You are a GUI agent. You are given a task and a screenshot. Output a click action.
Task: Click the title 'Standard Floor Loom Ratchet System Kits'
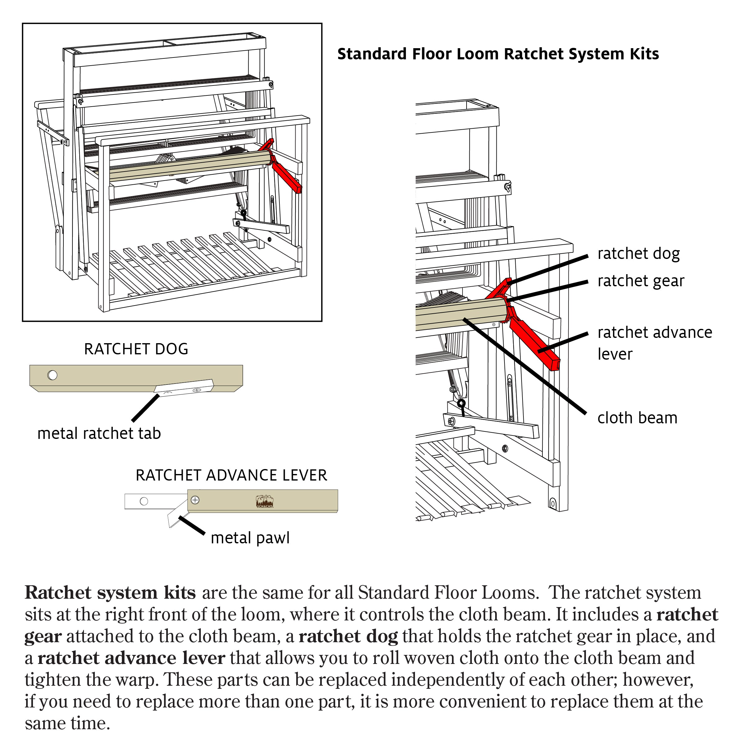[x=498, y=54]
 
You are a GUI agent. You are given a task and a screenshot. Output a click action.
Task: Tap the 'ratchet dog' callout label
[x=638, y=254]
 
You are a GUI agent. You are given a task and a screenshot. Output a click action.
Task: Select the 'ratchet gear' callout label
[x=641, y=281]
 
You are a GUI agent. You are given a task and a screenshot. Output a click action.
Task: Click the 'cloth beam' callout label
[x=637, y=418]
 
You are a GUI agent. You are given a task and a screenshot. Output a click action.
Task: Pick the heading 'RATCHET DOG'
[x=136, y=349]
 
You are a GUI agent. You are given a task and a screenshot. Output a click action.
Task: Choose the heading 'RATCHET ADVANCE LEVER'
[x=231, y=475]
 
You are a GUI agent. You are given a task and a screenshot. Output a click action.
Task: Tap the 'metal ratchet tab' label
[x=99, y=434]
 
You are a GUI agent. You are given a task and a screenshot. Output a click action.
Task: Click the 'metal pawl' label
[x=250, y=538]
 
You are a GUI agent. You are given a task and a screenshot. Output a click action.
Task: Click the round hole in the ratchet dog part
[x=53, y=375]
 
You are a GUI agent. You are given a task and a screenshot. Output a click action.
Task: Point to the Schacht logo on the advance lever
[x=265, y=501]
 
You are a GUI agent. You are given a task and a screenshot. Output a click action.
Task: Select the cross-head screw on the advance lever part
[x=196, y=500]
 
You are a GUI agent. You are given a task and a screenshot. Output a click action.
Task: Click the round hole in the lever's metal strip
[x=144, y=501]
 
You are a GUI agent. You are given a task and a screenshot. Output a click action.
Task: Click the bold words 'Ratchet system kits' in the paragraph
[x=110, y=593]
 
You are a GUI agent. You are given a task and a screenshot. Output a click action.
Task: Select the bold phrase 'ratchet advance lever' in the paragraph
[x=131, y=658]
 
